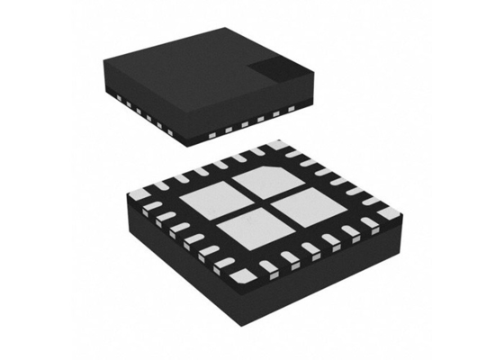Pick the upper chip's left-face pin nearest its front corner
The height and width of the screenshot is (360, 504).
coord(178,133)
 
